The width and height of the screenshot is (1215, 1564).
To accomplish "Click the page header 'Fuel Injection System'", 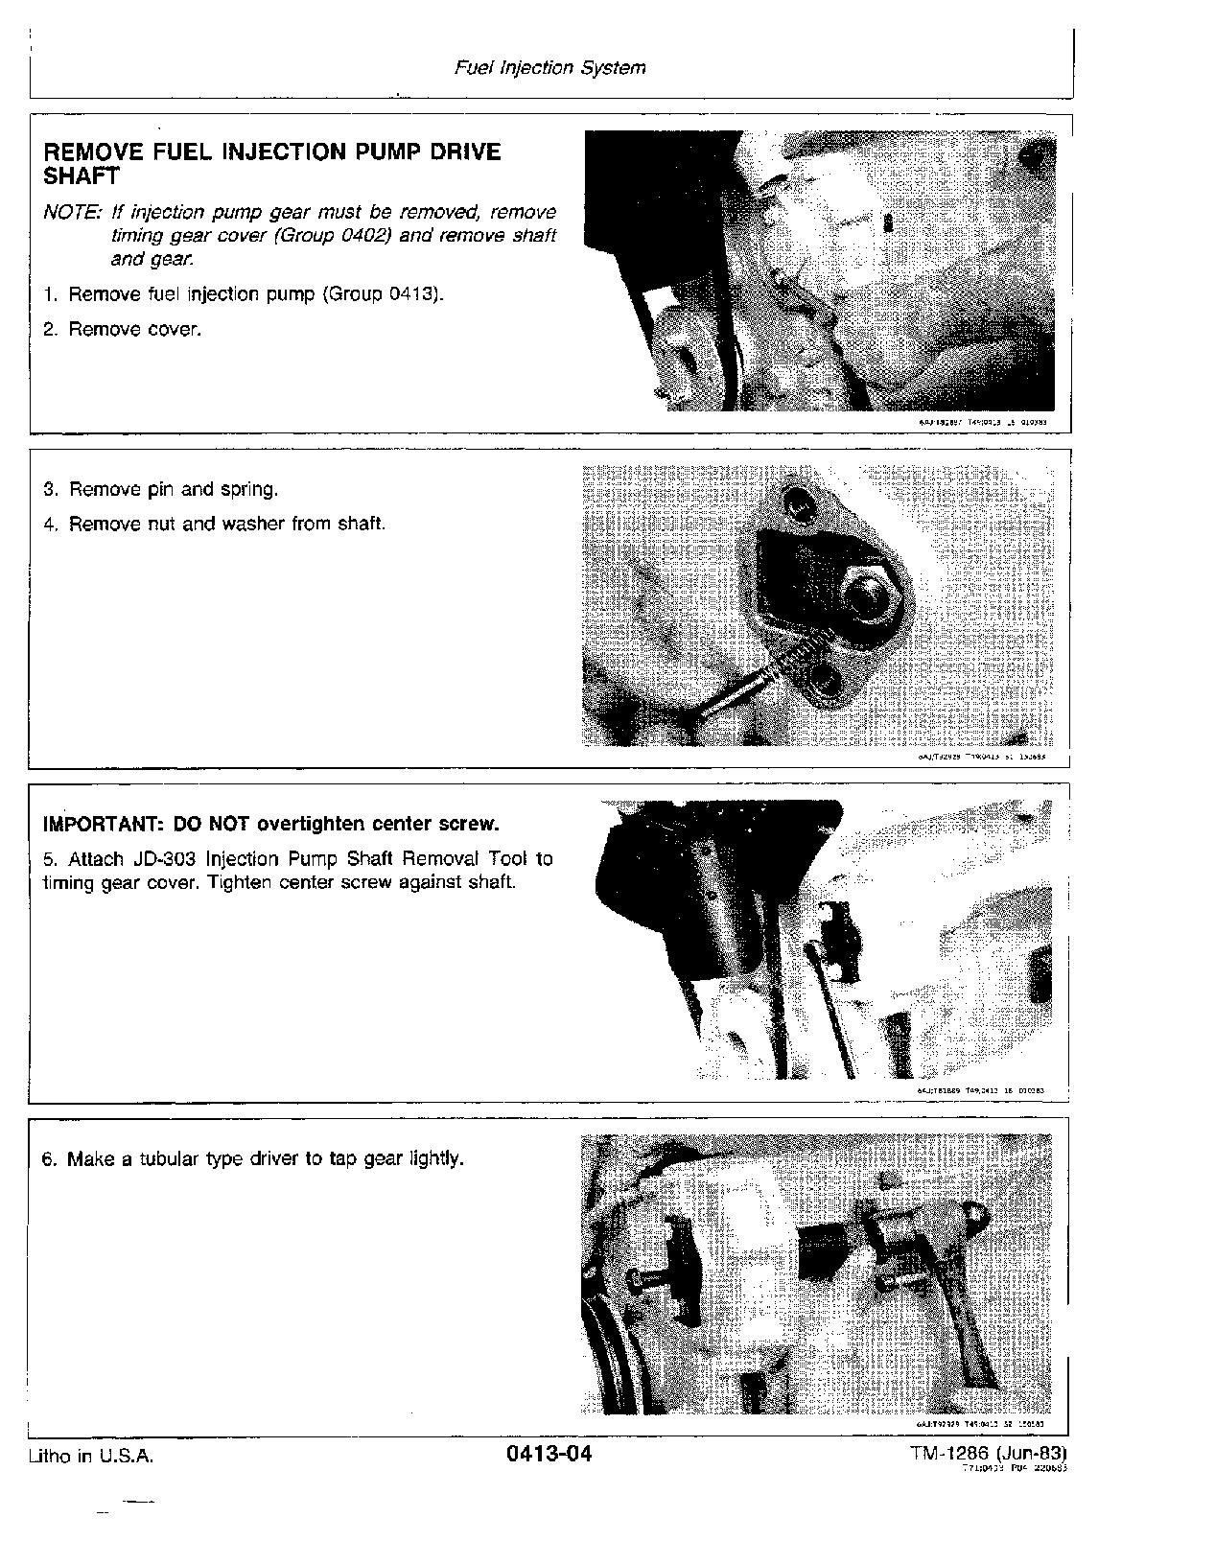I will pos(549,68).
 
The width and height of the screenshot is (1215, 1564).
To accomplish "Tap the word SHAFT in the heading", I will pos(82,176).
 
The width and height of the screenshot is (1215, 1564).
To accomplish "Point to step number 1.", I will pos(50,294).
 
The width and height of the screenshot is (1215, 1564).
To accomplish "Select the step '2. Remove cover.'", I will pos(123,330).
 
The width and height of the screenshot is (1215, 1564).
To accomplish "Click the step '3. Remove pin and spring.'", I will pos(161,490).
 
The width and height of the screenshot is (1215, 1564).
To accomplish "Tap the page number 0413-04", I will pos(549,1455).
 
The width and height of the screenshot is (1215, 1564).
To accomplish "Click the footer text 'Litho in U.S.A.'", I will pos(91,1456).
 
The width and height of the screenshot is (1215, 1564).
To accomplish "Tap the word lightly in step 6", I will pos(435,1159).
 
